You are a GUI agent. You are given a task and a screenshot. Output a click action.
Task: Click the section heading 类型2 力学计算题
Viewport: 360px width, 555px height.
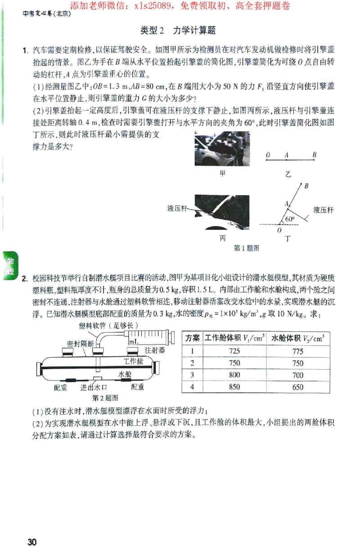[178, 30]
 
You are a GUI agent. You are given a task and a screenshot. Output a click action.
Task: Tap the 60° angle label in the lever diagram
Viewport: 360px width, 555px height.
[289, 219]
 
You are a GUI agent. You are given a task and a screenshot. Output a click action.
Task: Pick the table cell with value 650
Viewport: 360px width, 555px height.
[297, 387]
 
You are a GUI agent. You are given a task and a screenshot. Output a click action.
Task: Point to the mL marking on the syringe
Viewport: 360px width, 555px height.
[134, 342]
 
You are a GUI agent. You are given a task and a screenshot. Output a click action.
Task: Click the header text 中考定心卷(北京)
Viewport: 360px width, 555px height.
[47, 13]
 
